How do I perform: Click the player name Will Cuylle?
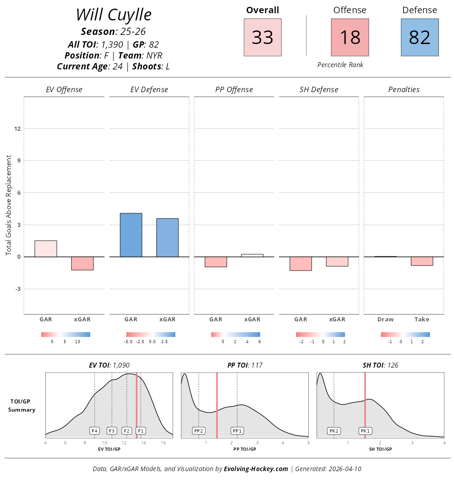tap(113, 15)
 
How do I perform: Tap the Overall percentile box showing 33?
tap(262, 37)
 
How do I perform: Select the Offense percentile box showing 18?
tap(350, 37)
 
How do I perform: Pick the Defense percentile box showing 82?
tap(419, 37)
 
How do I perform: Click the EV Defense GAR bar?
tap(131, 235)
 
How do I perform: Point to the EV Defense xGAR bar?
tap(167, 238)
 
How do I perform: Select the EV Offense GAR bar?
tap(46, 249)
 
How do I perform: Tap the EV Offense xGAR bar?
tap(82, 263)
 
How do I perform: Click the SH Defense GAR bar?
tap(301, 264)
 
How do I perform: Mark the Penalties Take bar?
tap(422, 261)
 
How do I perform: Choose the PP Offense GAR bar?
tap(216, 262)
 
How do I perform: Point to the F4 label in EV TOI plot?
tap(94, 431)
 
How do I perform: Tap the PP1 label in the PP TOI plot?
tap(237, 431)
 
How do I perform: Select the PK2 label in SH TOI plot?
tap(334, 431)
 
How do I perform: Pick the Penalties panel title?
tap(404, 89)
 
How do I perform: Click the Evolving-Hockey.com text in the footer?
tap(256, 469)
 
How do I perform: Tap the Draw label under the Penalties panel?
tap(385, 320)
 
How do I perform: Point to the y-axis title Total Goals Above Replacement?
tap(9, 204)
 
